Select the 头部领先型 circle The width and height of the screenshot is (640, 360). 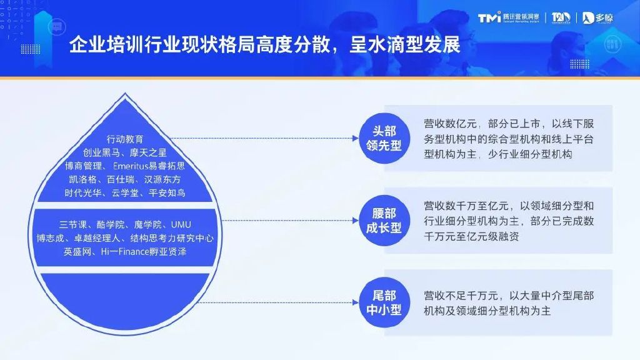[x=384, y=138]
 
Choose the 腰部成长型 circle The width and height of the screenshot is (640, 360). [x=384, y=220]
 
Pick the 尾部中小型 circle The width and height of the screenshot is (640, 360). [x=384, y=301]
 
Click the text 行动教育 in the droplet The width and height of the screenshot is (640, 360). [x=125, y=139]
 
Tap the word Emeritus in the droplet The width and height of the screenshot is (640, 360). [x=134, y=166]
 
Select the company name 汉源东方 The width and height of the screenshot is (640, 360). [x=164, y=180]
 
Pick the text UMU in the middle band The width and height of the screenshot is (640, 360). [x=181, y=224]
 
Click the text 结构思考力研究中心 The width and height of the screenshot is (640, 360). [x=172, y=238]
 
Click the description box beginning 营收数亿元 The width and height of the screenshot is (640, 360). [x=508, y=138]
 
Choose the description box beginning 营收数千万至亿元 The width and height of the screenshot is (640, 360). [x=508, y=220]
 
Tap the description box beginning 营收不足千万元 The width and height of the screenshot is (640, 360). [x=508, y=301]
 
